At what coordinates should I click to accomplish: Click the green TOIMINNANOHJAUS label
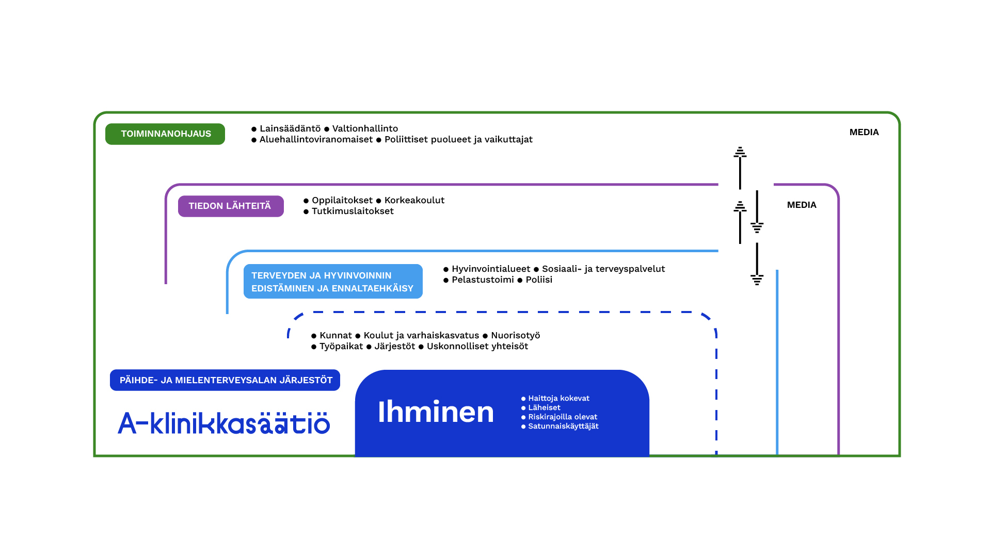pyautogui.click(x=165, y=134)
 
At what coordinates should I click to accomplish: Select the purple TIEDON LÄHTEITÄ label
pyautogui.click(x=231, y=206)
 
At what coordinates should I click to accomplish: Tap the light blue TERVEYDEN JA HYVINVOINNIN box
pyautogui.click(x=333, y=282)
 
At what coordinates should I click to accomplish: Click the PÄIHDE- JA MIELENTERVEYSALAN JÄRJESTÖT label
pyautogui.click(x=225, y=380)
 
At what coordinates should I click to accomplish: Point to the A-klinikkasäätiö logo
pyautogui.click(x=223, y=423)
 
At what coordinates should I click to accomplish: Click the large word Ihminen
pyautogui.click(x=436, y=412)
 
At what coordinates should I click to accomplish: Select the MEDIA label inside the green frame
pyautogui.click(x=864, y=132)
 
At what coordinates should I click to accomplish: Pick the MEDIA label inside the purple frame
pyautogui.click(x=802, y=205)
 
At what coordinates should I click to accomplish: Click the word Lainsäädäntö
pyautogui.click(x=290, y=128)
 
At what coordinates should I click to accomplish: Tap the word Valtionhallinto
pyautogui.click(x=365, y=128)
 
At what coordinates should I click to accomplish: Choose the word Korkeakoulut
pyautogui.click(x=414, y=200)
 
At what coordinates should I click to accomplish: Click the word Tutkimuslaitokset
pyautogui.click(x=353, y=211)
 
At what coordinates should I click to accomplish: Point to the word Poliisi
pyautogui.click(x=539, y=280)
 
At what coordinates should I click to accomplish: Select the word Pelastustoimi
pyautogui.click(x=483, y=280)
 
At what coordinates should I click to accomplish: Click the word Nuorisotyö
pyautogui.click(x=515, y=335)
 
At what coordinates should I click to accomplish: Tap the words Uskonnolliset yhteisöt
pyautogui.click(x=477, y=346)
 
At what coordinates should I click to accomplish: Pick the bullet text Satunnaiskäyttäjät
pyautogui.click(x=563, y=426)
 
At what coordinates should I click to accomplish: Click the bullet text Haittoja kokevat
pyautogui.click(x=558, y=398)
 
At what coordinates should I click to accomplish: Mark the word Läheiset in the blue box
pyautogui.click(x=544, y=407)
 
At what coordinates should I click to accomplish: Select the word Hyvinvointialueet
pyautogui.click(x=491, y=269)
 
